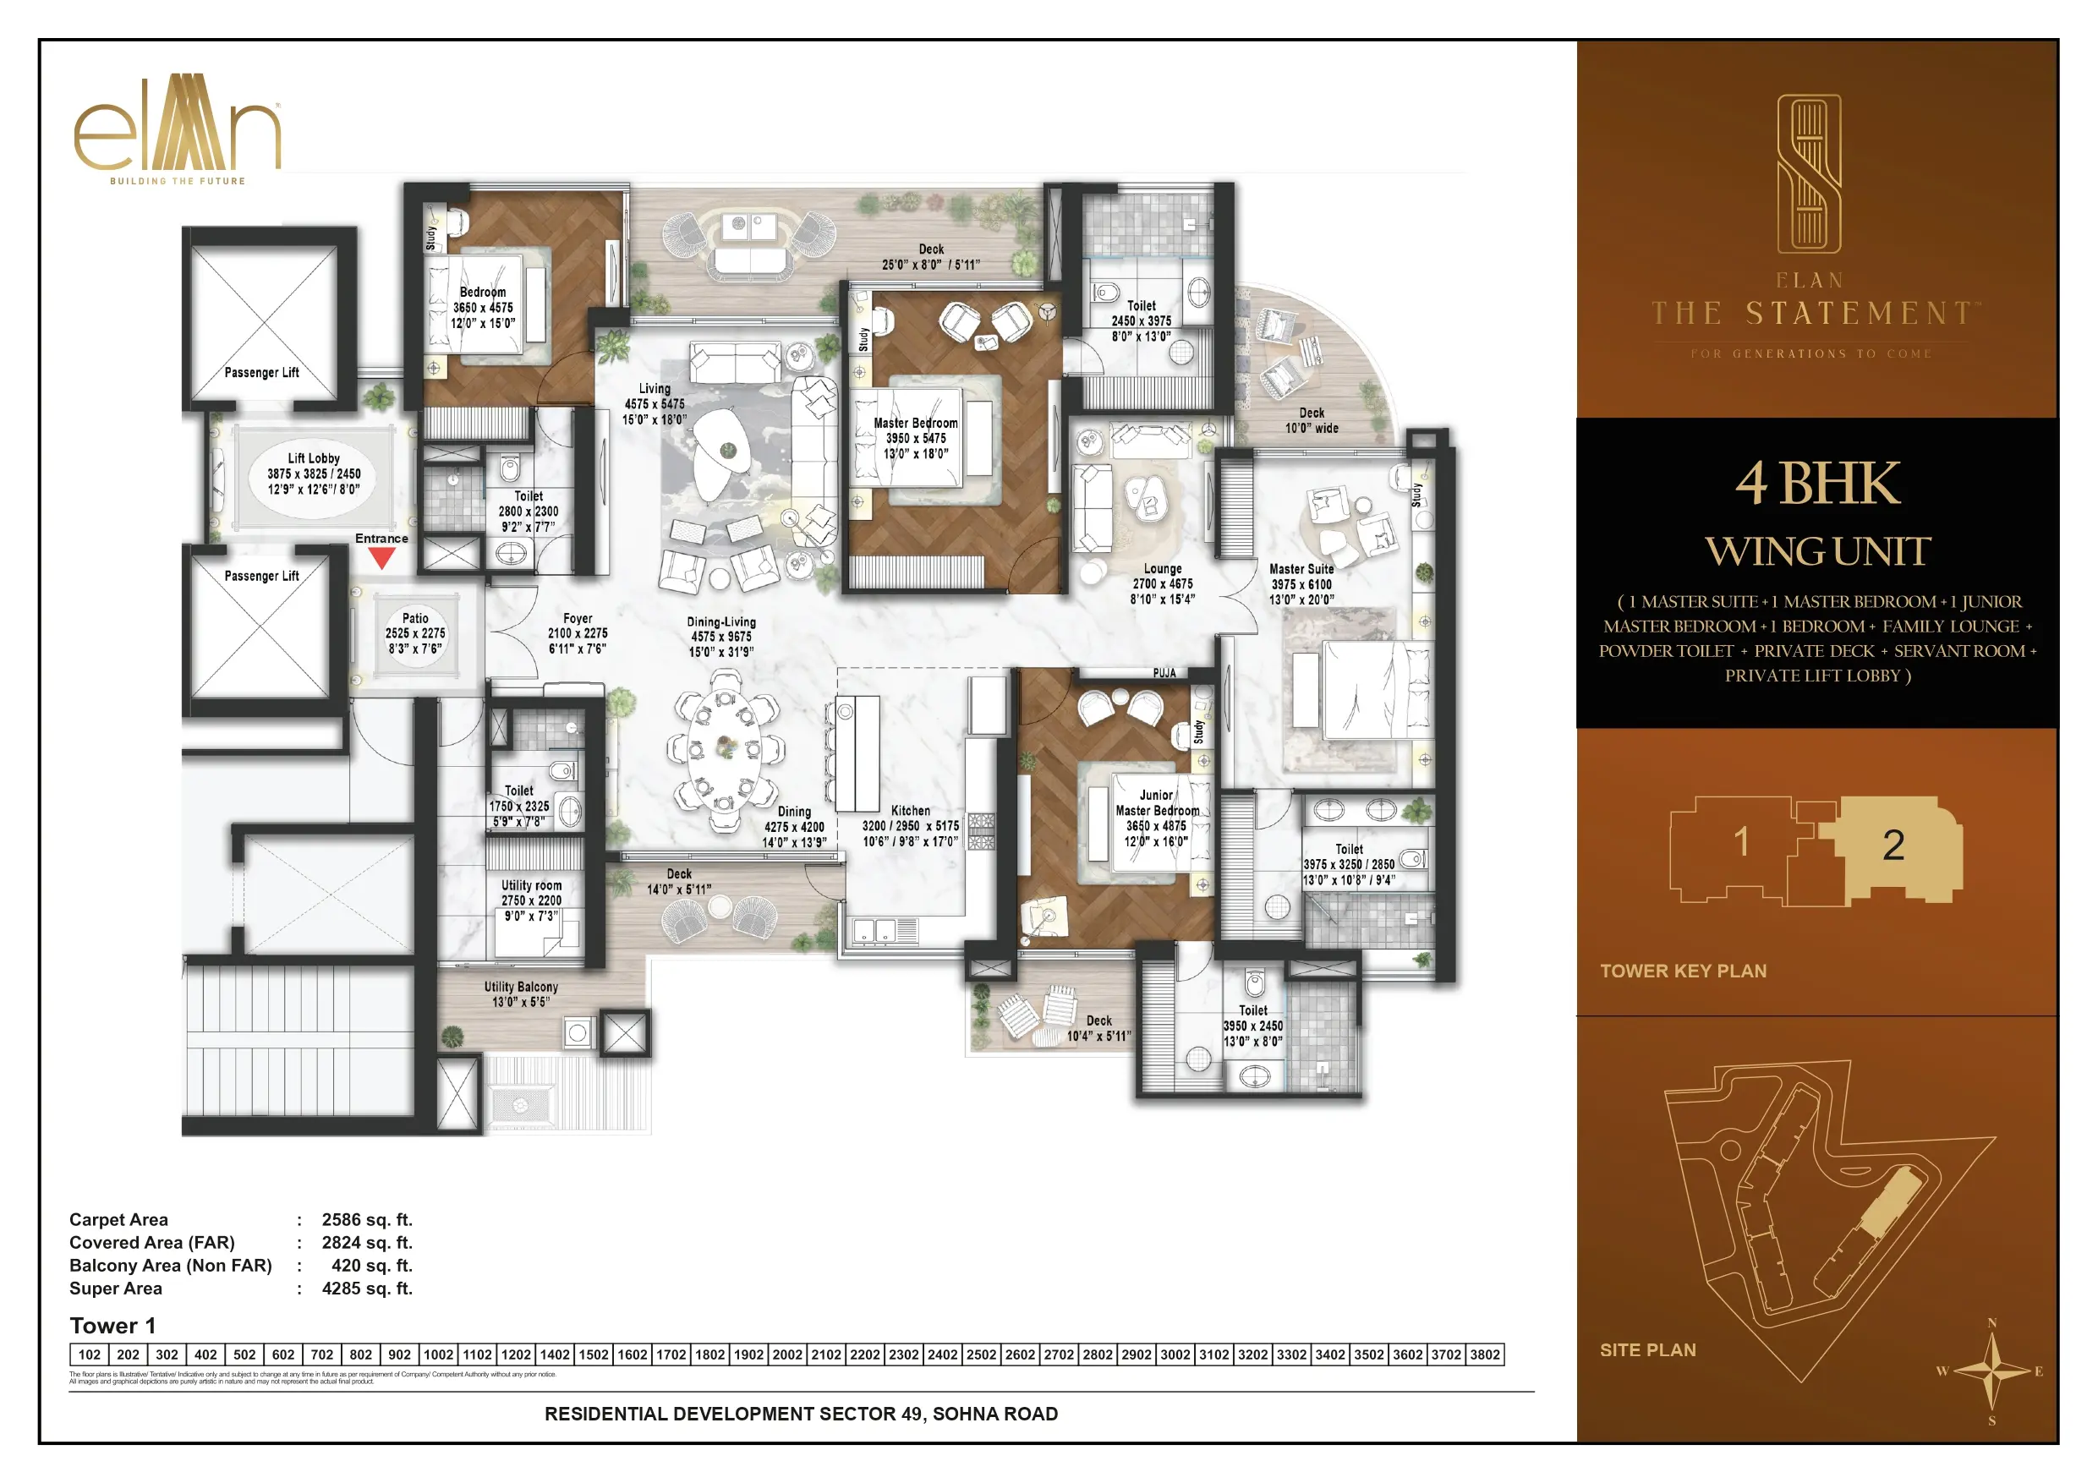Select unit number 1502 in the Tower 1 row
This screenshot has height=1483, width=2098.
coord(593,1354)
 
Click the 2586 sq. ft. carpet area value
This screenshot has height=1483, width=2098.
coord(366,1219)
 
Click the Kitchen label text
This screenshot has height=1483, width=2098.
coord(910,811)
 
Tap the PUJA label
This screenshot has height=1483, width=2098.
coord(1164,673)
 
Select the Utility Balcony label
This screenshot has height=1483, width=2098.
coord(521,987)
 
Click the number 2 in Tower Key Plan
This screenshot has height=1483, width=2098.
coord(1893,845)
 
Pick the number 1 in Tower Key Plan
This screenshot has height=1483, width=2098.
coord(1742,841)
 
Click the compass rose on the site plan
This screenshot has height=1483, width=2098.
coord(1991,1371)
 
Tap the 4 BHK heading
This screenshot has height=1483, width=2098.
coord(1816,484)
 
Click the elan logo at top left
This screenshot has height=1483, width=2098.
coord(178,128)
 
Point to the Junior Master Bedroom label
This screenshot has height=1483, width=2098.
coord(1157,803)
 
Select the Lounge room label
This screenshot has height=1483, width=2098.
coord(1162,568)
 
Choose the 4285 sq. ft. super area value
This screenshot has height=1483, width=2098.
coord(366,1289)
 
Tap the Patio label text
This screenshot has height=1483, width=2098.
coord(415,619)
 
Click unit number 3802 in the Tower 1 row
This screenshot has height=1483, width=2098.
coord(1485,1354)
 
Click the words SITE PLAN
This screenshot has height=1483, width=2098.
coord(1647,1349)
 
